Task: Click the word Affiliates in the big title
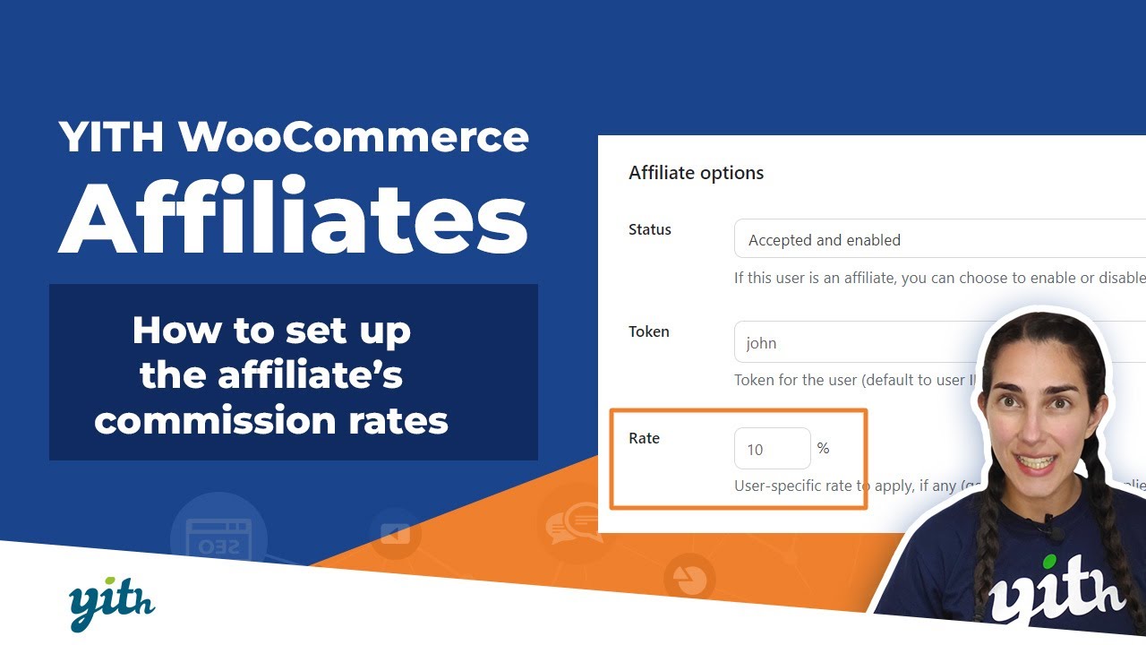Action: pyautogui.click(x=293, y=217)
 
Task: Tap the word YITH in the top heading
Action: pyautogui.click(x=111, y=137)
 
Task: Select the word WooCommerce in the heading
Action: pyautogui.click(x=354, y=137)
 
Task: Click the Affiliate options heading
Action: pyautogui.click(x=696, y=173)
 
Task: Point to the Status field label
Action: pyautogui.click(x=649, y=229)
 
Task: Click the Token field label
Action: pyautogui.click(x=648, y=331)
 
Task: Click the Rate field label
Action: pyautogui.click(x=644, y=438)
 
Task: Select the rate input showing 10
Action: pyautogui.click(x=772, y=449)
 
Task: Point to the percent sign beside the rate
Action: pyautogui.click(x=823, y=448)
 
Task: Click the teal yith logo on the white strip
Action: pyautogui.click(x=112, y=606)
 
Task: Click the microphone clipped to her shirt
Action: pyautogui.click(x=1054, y=532)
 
